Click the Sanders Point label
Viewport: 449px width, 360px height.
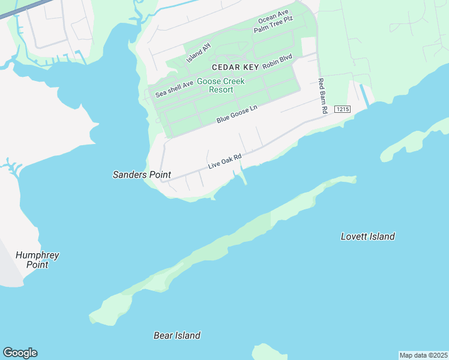point(142,175)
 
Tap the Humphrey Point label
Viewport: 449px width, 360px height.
point(37,260)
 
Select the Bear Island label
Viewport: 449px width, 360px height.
point(177,335)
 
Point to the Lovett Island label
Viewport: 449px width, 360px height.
point(367,236)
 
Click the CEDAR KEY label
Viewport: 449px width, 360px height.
point(235,67)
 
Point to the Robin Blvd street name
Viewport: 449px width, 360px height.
point(277,62)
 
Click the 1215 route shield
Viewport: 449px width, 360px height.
point(342,109)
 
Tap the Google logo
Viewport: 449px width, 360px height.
point(20,353)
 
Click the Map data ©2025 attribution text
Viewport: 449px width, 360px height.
point(423,355)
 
